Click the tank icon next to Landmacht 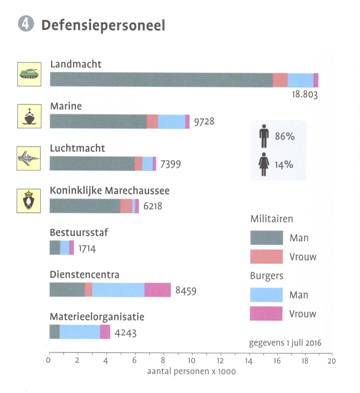coord(29,74)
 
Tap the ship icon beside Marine coord(29,116)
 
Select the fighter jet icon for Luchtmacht coord(29,158)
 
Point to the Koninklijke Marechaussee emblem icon coord(29,201)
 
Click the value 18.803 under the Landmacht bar coord(305,94)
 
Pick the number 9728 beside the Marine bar coord(204,122)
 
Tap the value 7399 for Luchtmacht coord(170,164)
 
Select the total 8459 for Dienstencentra coord(186,291)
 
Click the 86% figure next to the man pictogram coord(285,136)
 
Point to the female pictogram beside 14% coord(264,164)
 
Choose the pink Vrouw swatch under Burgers coord(266,314)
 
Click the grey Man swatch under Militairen coord(266,238)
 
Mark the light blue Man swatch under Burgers coord(266,295)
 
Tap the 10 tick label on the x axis coord(191,361)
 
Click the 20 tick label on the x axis coord(331,361)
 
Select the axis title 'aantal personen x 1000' coord(191,371)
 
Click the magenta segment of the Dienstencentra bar coord(158,290)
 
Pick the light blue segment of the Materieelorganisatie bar coord(80,332)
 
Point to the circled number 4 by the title coord(26,24)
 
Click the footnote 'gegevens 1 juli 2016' coord(285,343)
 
